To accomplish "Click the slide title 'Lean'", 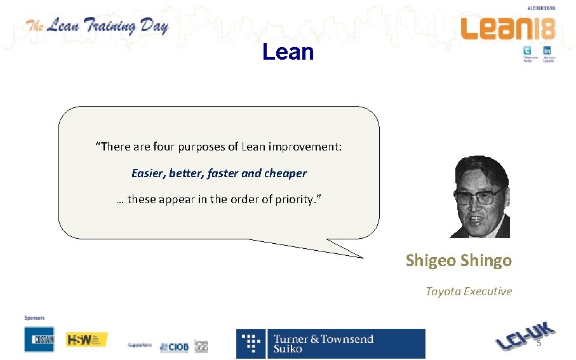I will (288, 52).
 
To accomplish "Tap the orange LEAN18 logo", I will (508, 29).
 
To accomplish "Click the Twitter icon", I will (527, 51).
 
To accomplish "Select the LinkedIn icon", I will (547, 51).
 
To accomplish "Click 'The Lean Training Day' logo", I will (97, 27).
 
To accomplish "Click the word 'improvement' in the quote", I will (306, 147).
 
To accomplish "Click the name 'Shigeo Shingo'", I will (459, 260).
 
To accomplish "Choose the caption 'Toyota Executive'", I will (468, 291).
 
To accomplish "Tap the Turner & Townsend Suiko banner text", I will (323, 343).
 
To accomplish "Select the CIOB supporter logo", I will (174, 347).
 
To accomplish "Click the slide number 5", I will (539, 343).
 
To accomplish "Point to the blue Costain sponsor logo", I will (39, 340).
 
